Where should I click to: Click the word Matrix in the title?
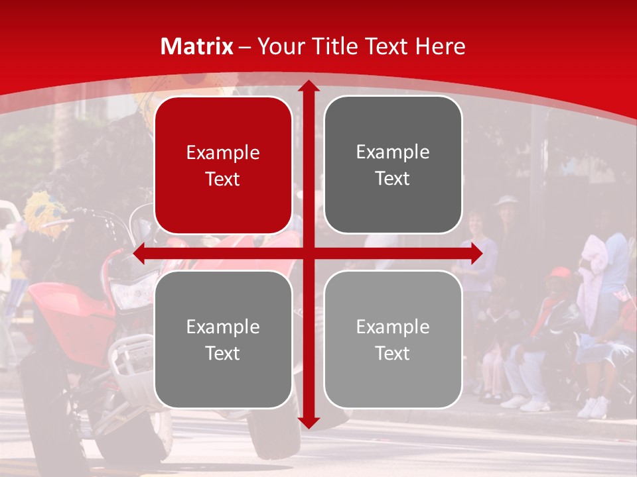coord(197,46)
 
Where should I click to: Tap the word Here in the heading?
coord(441,46)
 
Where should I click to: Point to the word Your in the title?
coord(279,46)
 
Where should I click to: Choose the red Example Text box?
coord(223,166)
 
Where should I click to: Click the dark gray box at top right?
coord(393,165)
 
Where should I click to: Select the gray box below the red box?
coord(223,339)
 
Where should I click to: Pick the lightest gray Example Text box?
coord(393,339)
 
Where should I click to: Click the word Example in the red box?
coord(223,152)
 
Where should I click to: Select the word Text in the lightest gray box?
coord(393,353)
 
